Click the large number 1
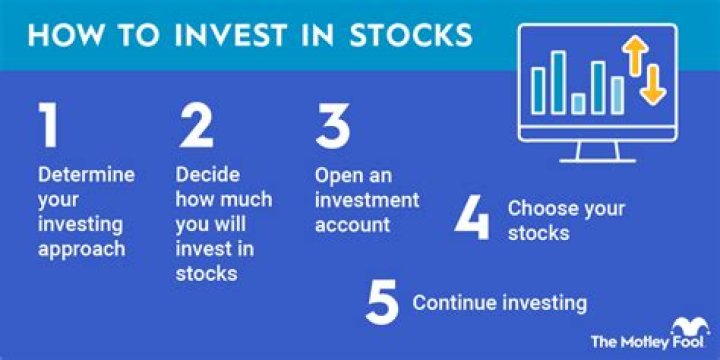coord(49,127)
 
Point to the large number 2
coord(198,127)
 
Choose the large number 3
coord(334,127)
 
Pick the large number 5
coord(381,303)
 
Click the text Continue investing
coord(499,302)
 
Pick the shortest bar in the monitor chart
coord(578,102)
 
